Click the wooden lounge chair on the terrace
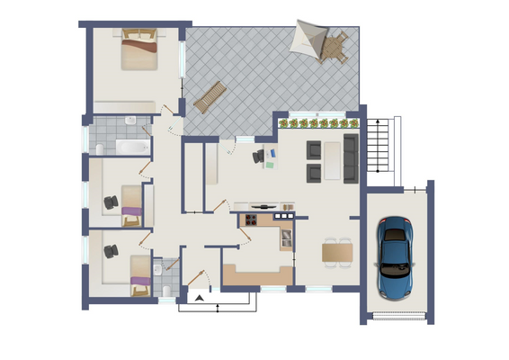coord(209,96)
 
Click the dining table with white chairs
coord(338,253)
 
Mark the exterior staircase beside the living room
coord(380,148)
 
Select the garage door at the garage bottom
coord(396,315)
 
